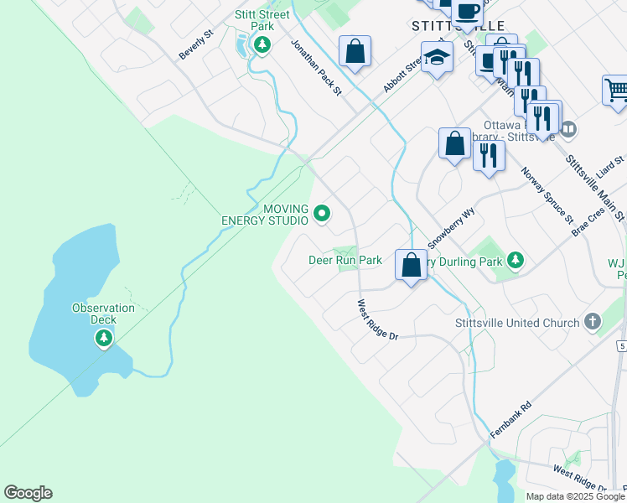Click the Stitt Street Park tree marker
[x=262, y=44]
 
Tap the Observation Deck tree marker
[x=103, y=338]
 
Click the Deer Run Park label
[x=345, y=261]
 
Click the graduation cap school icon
[x=437, y=58]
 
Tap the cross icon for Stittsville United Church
[x=592, y=322]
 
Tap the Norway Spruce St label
[x=547, y=195]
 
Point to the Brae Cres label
[x=588, y=222]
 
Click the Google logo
[x=28, y=493]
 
